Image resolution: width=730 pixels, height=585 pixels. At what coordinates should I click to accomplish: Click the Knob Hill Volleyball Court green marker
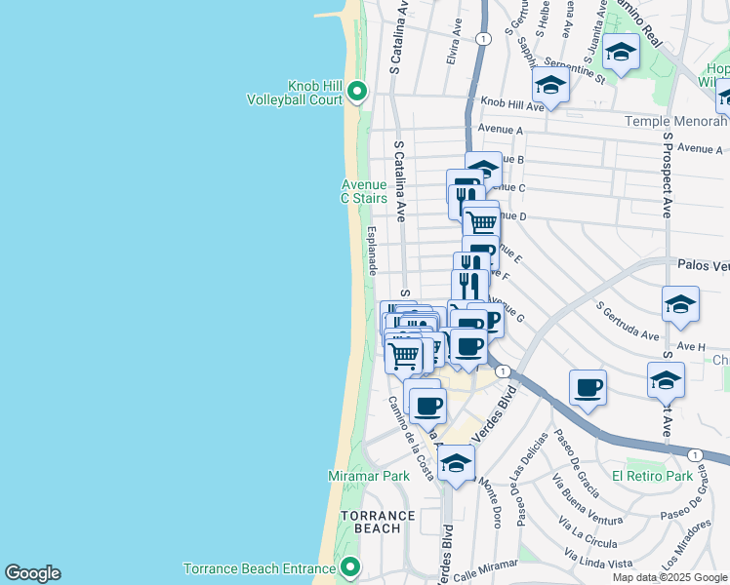357,93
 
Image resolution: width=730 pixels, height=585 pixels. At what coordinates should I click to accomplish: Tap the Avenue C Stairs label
363,191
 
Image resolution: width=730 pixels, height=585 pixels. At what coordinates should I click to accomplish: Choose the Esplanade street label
373,252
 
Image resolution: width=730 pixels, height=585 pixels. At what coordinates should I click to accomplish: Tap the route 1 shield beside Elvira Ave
483,38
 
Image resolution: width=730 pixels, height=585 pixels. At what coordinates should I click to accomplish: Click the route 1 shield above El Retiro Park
694,455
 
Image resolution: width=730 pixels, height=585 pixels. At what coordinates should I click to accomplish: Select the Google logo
32,573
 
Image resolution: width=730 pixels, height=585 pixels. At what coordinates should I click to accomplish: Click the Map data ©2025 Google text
670,577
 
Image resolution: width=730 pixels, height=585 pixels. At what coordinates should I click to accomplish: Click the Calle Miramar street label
485,567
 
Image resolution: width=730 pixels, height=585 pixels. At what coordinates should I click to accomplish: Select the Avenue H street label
688,346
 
